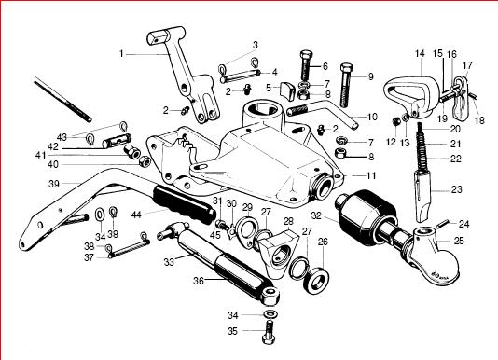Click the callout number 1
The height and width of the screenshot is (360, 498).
pyautogui.click(x=121, y=54)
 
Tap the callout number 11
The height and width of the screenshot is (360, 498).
pyautogui.click(x=371, y=175)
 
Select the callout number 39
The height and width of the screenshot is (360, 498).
pyautogui.click(x=54, y=184)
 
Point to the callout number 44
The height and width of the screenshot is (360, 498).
pyautogui.click(x=136, y=215)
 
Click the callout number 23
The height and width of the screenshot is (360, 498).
pyautogui.click(x=457, y=189)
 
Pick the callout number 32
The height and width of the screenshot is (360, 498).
pyautogui.click(x=316, y=215)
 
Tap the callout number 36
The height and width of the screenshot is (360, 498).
pyautogui.click(x=199, y=281)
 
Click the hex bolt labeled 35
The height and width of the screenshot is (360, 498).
pyautogui.click(x=269, y=332)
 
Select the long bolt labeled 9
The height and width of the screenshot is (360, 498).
pyautogui.click(x=347, y=85)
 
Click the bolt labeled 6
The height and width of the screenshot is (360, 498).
pyautogui.click(x=307, y=65)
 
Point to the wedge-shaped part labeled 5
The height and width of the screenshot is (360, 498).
pyautogui.click(x=286, y=90)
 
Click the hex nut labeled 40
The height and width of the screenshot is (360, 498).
pyautogui.click(x=144, y=162)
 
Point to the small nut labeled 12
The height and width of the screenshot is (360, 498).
pyautogui.click(x=396, y=121)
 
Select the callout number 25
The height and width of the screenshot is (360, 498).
pyautogui.click(x=458, y=241)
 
